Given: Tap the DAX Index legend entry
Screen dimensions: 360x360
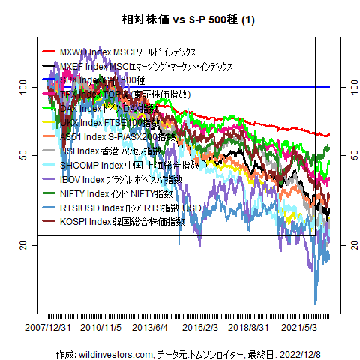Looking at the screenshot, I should pyautogui.click(x=120, y=109).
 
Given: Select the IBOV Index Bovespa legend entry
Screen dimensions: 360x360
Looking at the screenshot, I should pyautogui.click(x=121, y=179).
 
